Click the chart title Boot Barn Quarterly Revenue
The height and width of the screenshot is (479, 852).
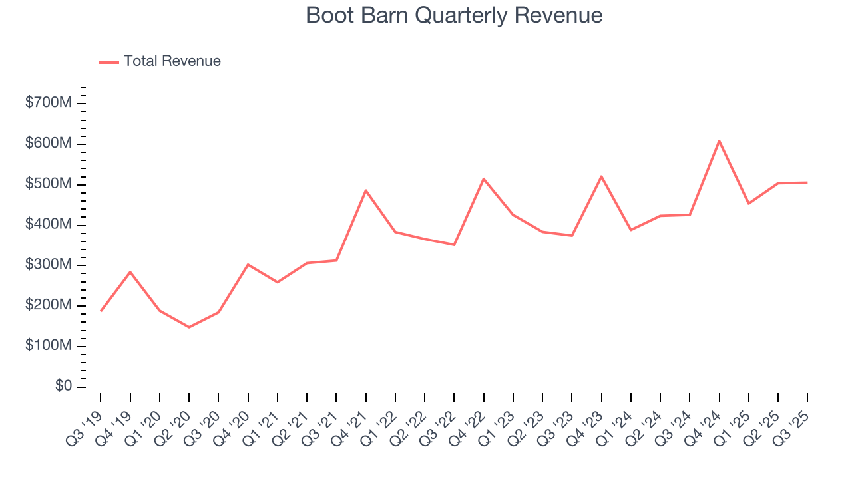coord(454,15)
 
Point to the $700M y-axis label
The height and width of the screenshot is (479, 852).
coord(48,104)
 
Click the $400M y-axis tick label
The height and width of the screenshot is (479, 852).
coord(48,225)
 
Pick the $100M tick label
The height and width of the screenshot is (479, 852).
coord(48,346)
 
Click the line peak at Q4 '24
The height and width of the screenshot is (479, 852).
coord(720,140)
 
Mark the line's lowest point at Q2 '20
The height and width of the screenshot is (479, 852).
coord(189,327)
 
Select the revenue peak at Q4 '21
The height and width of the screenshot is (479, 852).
coord(365,190)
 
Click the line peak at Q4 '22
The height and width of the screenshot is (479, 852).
coord(483,178)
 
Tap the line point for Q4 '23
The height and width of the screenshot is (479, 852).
coord(601,176)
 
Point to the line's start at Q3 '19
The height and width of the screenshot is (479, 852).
coord(101,311)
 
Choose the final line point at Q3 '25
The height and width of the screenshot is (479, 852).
coord(807,182)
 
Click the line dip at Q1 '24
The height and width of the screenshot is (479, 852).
coord(630,230)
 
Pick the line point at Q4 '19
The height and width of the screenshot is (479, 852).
coord(130,271)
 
